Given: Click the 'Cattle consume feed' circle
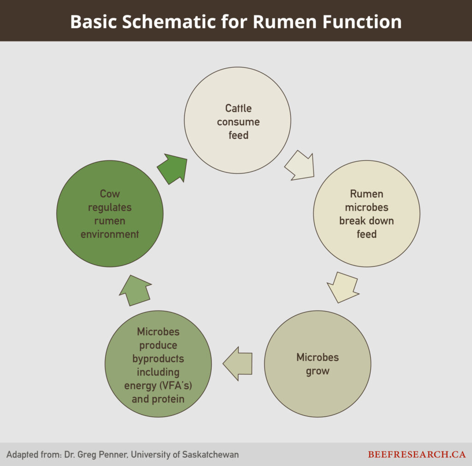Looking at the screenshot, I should point(237,121).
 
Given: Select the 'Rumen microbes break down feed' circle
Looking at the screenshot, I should point(366,213).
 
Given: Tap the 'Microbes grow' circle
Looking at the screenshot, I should point(318,364).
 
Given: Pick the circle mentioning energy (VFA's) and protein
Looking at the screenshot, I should point(158,364).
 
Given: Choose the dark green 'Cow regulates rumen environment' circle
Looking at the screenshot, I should point(110,213).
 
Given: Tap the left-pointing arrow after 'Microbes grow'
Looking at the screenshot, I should point(238,363).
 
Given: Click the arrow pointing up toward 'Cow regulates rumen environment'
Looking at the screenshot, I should point(135,289).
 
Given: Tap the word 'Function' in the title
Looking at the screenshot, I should point(365,21).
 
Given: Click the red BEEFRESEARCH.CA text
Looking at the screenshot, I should point(417,454).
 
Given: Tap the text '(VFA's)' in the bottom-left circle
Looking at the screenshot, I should point(174,385).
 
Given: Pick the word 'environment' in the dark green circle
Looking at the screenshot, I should point(110,234).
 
